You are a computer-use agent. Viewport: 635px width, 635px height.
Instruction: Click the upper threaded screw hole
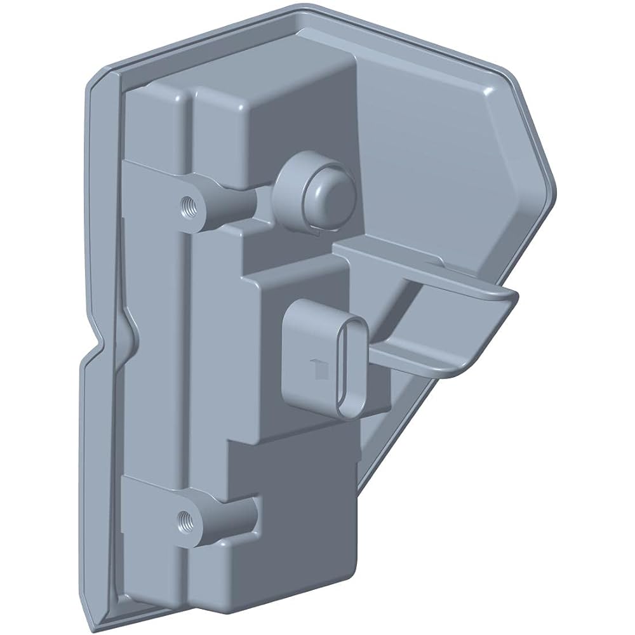[x=189, y=205]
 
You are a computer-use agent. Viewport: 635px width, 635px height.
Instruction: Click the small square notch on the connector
[x=316, y=366]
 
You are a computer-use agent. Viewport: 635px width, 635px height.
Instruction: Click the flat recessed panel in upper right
[x=438, y=146]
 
